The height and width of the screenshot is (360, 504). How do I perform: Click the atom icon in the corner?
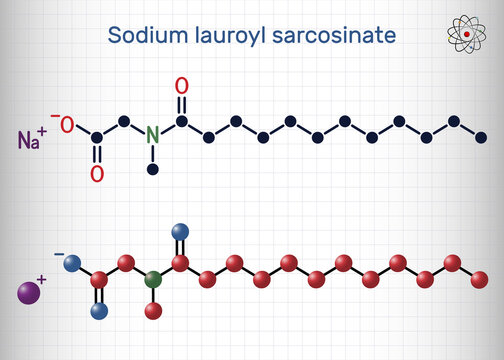click(461, 37)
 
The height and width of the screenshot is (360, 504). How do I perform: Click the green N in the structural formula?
click(153, 134)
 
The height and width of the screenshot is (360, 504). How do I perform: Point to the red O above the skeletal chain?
click(181, 87)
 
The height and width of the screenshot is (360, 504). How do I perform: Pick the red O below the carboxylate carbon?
click(97, 174)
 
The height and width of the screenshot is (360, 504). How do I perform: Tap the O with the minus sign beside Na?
click(67, 125)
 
